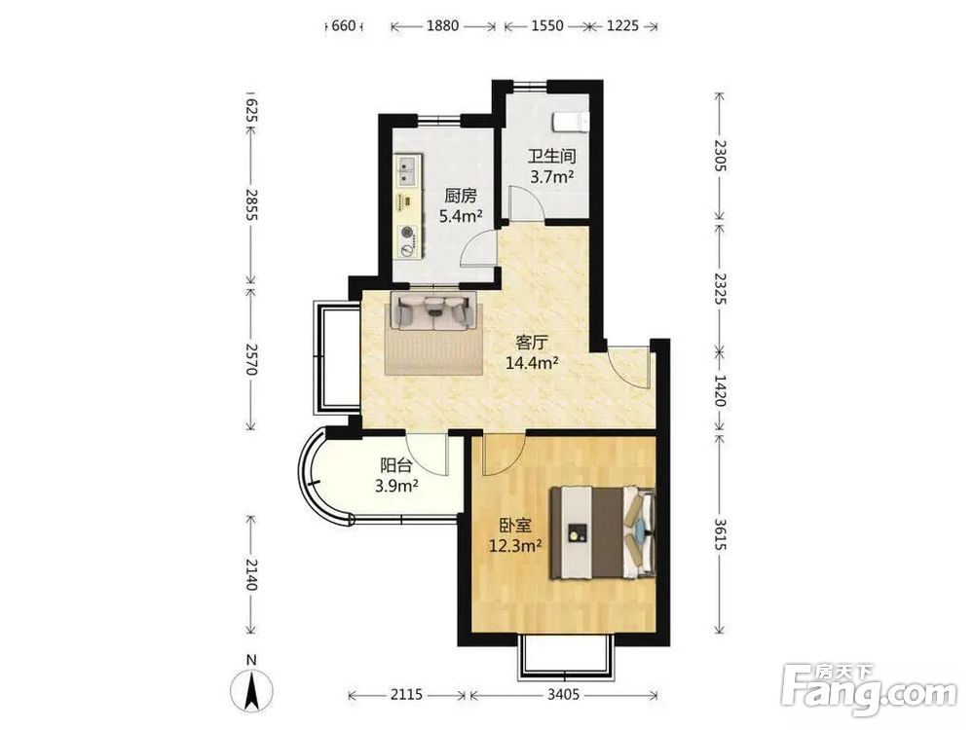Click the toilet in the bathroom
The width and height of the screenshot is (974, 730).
point(570,122)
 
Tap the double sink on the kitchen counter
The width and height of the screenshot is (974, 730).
point(407,170)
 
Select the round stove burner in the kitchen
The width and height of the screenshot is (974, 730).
point(407,233)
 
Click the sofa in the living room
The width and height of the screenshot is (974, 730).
point(433,310)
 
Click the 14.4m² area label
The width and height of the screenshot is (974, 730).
point(531,362)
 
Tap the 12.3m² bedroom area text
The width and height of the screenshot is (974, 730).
point(515,546)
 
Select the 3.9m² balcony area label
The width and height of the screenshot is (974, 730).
point(395,486)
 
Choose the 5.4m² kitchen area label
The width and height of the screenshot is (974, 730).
point(461,216)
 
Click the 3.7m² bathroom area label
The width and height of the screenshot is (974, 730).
point(551,177)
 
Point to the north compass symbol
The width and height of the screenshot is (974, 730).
point(251,686)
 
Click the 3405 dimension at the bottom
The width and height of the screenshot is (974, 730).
point(563,694)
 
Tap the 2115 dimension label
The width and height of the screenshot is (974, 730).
point(406,694)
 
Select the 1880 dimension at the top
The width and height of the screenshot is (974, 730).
point(442,26)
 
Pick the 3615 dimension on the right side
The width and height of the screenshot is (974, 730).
point(720,533)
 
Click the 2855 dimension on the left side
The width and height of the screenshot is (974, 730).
point(251,204)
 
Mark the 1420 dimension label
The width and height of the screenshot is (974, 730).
point(720,390)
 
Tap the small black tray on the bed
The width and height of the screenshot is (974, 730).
point(578,532)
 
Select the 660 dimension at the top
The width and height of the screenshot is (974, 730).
point(344,26)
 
